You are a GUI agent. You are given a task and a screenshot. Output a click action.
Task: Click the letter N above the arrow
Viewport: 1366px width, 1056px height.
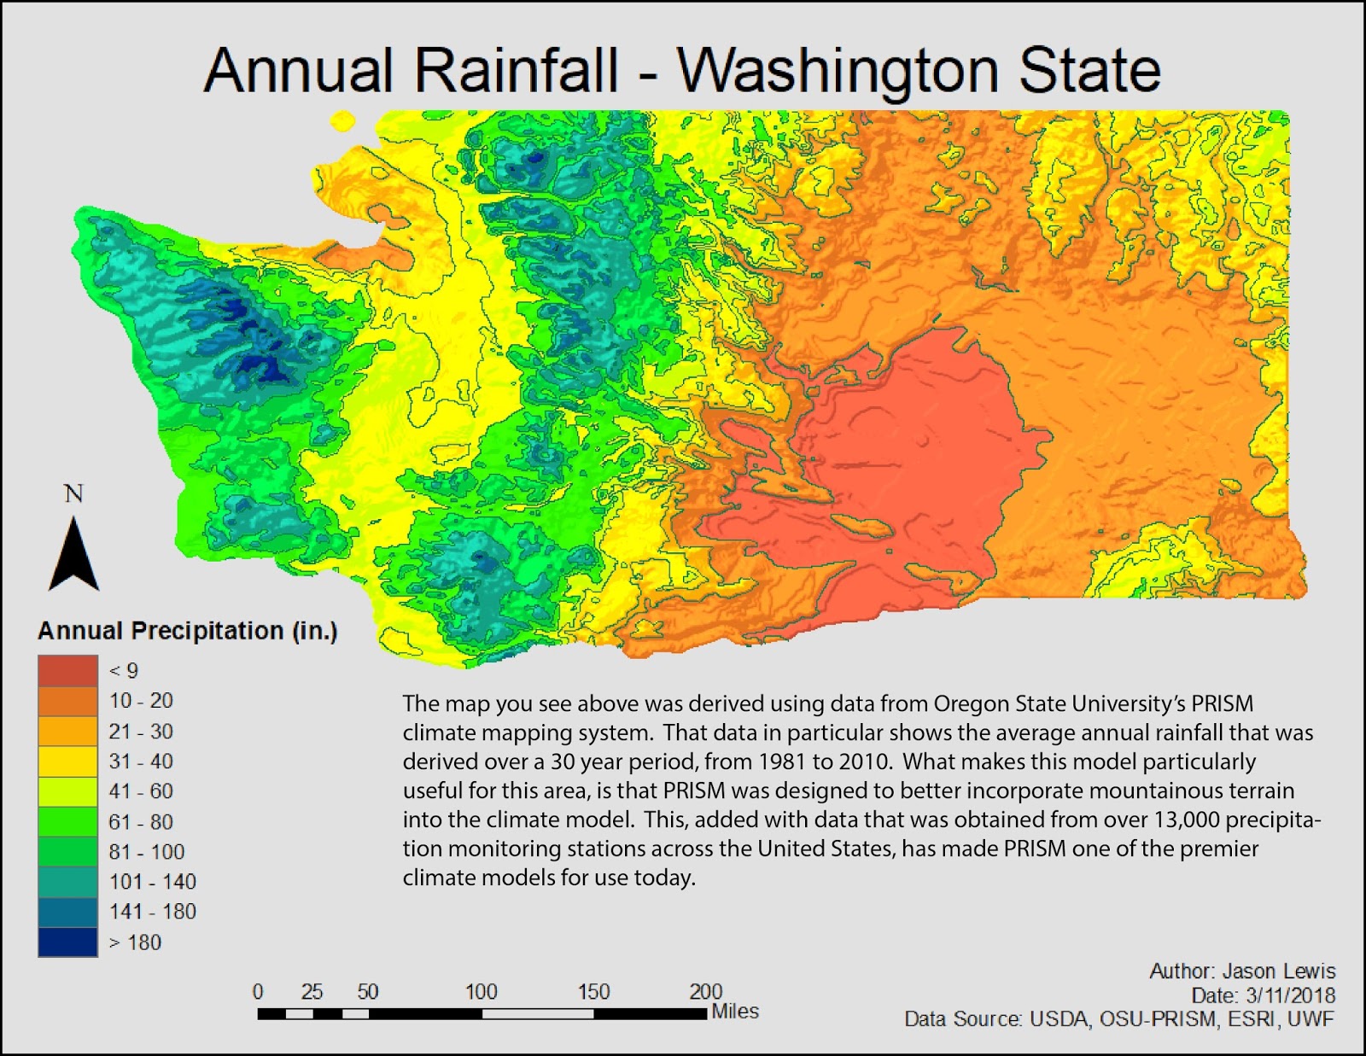coord(74,494)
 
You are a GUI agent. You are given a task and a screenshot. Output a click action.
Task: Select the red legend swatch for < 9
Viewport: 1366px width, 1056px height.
coord(67,671)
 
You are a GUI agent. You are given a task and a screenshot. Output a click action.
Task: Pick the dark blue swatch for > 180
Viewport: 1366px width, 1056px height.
coord(67,942)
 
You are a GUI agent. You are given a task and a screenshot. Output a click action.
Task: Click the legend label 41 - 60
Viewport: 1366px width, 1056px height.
coord(141,791)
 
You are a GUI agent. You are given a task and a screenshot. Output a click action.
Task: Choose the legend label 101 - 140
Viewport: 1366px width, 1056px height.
coord(152,882)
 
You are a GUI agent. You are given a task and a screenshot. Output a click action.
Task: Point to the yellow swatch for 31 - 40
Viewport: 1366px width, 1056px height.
coord(67,761)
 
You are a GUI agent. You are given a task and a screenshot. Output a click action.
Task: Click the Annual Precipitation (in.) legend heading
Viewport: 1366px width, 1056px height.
coord(188,631)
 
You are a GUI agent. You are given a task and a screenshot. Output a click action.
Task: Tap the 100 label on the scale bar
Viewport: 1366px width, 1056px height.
coord(481,992)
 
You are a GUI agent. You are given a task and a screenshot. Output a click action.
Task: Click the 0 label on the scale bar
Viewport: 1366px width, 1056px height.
coord(258,992)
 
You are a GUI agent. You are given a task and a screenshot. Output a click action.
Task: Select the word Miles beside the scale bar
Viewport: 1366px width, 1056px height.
coord(735,1012)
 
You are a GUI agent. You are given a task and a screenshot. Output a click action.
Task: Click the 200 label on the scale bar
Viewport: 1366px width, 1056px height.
coord(705,992)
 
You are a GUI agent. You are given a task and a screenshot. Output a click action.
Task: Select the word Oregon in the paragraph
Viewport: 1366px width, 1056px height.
coord(970,704)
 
